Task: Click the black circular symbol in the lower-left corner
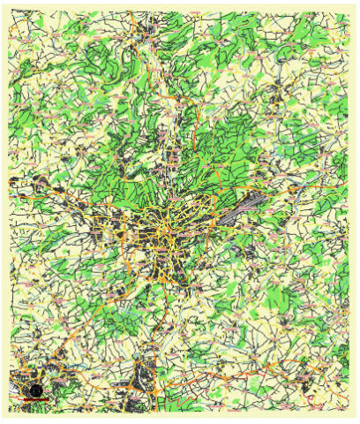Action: coord(35,390)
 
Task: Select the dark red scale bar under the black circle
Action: coord(34,400)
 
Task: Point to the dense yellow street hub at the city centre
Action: coord(167,232)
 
